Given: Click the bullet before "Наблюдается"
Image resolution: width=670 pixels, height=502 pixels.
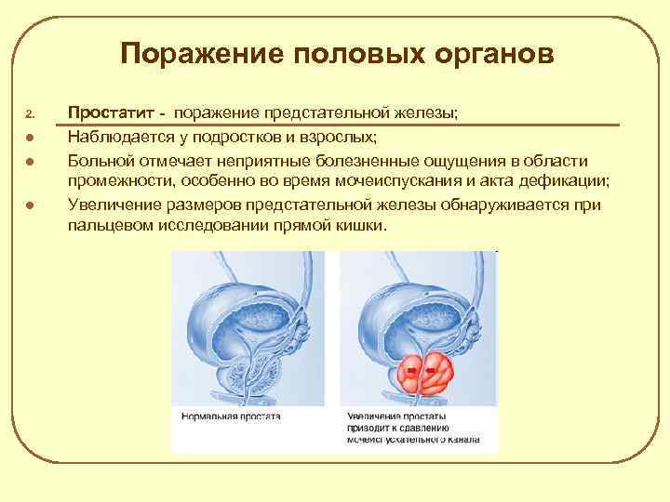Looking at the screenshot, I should tap(30, 138).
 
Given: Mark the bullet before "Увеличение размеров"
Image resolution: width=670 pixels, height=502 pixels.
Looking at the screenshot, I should tap(30, 206).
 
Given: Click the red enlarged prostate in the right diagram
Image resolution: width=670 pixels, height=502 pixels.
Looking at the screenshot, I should tap(423, 374).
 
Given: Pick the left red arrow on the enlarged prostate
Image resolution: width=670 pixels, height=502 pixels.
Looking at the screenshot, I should tap(410, 373).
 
